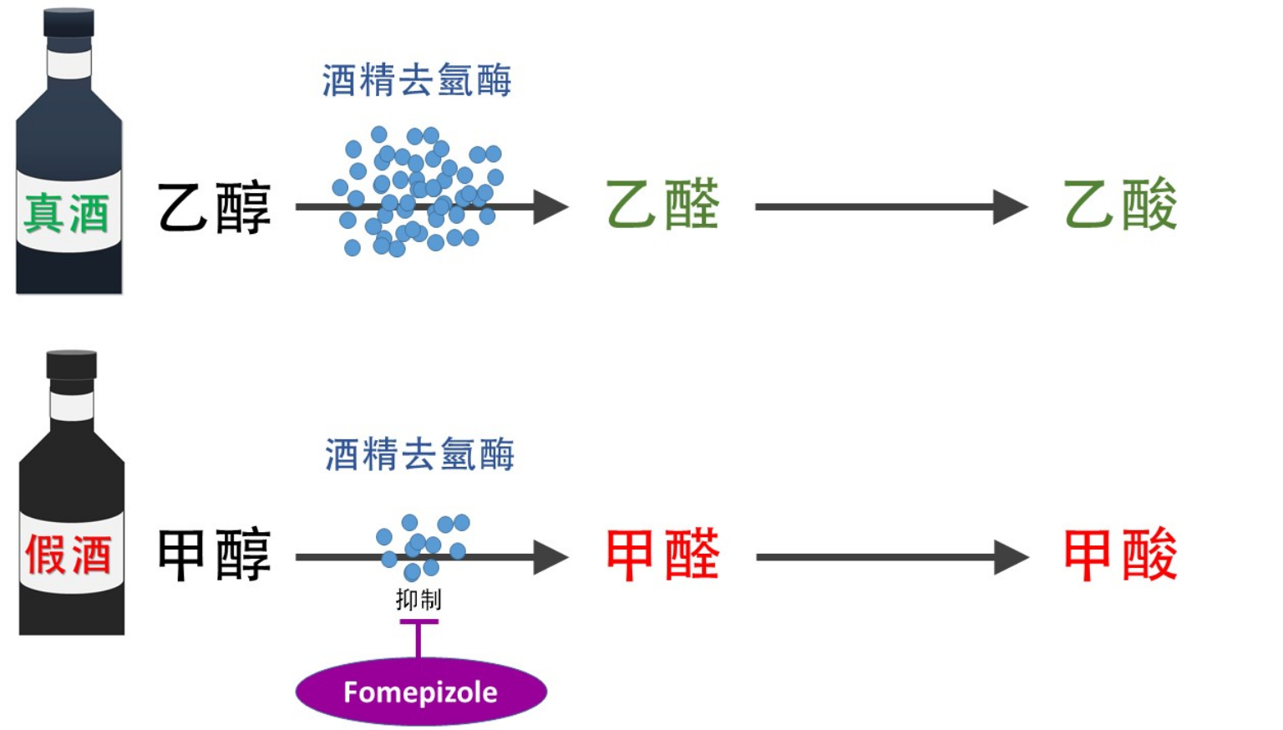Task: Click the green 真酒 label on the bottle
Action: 67,213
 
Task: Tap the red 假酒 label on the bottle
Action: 68,555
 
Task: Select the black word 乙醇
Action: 214,207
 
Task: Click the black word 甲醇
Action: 214,555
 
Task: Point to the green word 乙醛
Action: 662,205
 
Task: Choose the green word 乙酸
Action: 1120,205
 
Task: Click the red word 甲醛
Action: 662,555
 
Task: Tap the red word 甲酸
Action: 1120,555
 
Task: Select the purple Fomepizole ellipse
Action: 421,692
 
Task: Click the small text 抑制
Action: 418,599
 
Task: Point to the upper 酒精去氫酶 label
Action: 417,81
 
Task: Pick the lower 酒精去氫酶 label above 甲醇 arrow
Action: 419,454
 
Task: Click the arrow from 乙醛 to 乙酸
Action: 890,206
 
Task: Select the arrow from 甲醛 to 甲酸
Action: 890,557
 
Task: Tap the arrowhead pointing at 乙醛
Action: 550,206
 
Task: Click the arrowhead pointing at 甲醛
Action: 550,557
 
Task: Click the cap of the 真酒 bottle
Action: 69,23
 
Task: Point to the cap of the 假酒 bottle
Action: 72,365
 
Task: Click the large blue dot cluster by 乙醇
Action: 418,192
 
